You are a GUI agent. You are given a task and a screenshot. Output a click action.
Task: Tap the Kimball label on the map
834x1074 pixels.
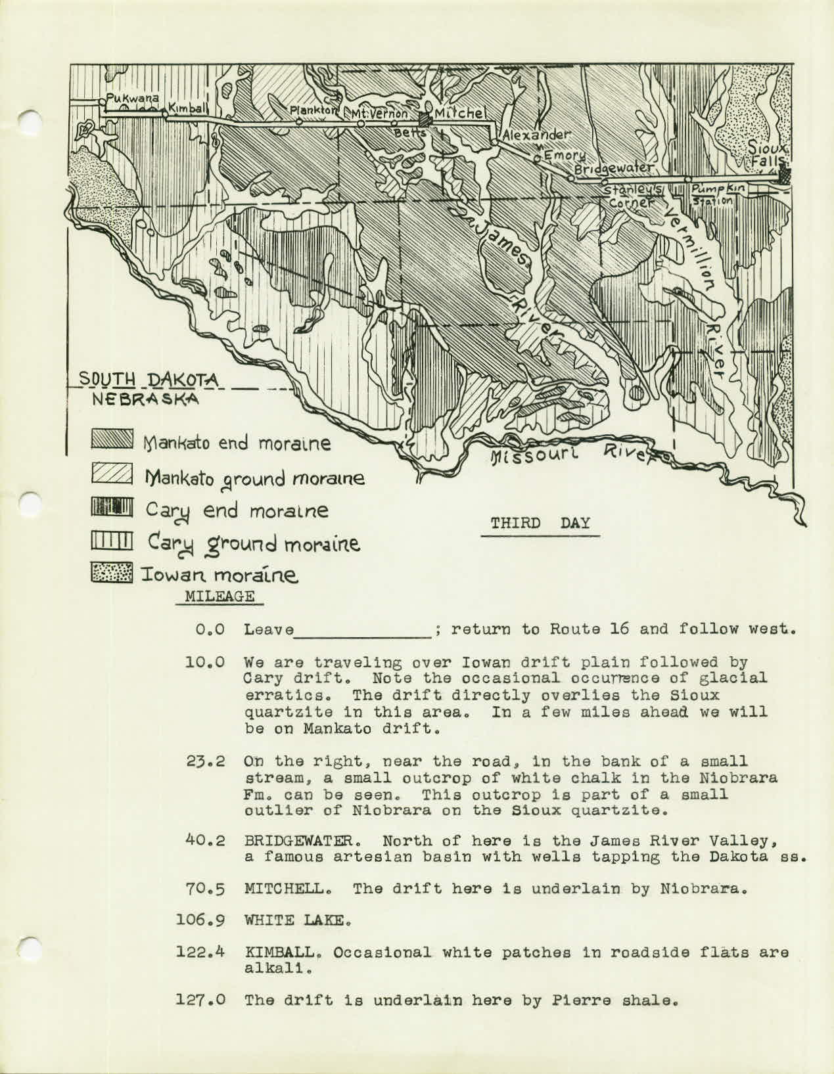pyautogui.click(x=188, y=106)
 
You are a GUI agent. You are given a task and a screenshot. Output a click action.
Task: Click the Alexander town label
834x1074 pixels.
pyautogui.click(x=533, y=134)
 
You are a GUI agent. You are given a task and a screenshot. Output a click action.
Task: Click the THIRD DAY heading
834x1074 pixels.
pyautogui.click(x=540, y=524)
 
